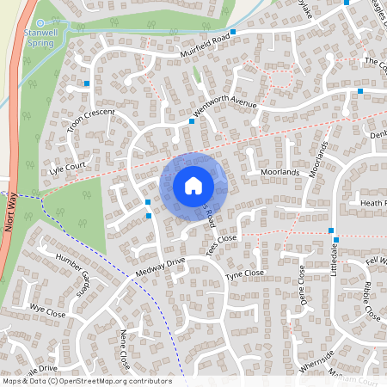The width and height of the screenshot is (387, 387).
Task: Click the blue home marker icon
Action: pos(193,186)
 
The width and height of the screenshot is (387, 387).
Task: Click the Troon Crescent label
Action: pos(89,126)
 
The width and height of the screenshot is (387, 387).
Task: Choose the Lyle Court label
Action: pos(69,168)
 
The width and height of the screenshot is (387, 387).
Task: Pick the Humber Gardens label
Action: pos(76,271)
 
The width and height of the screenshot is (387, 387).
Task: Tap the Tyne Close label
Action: pos(244,274)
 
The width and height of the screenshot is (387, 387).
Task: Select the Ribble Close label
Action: pos(372,300)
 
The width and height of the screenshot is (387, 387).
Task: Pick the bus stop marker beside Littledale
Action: pos(331,230)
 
